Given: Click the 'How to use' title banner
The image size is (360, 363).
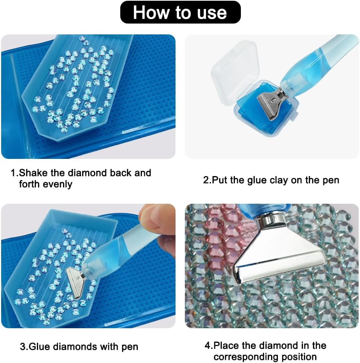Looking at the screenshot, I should (180, 12).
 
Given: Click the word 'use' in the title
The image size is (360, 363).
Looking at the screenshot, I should (212, 12).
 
